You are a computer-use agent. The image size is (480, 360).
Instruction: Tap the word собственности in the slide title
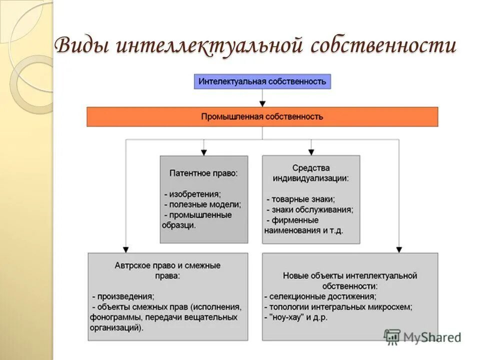tap(383, 46)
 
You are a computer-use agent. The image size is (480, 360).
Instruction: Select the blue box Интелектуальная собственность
tap(262, 81)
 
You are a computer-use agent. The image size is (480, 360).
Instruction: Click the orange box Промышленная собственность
tap(262, 116)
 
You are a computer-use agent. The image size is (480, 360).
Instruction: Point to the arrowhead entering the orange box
tap(262, 103)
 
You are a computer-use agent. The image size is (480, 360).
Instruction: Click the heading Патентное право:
tap(203, 173)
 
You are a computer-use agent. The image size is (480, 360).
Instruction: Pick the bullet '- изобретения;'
tap(192, 193)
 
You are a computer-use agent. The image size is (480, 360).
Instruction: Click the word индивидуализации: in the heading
tap(310, 178)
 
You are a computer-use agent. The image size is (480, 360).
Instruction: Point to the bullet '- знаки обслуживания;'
tap(310, 209)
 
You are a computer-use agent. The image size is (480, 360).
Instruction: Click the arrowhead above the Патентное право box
tap(203, 151)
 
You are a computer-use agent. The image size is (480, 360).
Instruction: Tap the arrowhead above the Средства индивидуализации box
tap(311, 151)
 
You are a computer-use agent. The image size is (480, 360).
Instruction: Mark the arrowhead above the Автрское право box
tap(125, 248)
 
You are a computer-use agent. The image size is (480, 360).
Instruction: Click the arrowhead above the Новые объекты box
tap(398, 248)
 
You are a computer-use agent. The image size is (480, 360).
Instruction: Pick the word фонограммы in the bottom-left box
tap(111, 317)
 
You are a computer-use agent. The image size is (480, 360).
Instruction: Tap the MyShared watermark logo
tap(422, 337)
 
